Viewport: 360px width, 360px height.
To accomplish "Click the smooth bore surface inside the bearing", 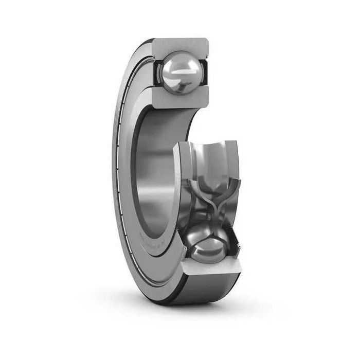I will click(x=154, y=170).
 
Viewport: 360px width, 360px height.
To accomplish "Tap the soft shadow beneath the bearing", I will click(x=206, y=309).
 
